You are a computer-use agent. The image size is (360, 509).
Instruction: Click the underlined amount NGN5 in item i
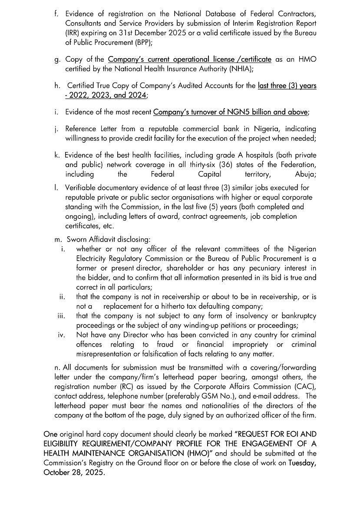[239, 112]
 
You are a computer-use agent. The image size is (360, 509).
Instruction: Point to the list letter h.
[57, 86]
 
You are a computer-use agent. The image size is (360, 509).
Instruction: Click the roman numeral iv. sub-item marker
[61, 335]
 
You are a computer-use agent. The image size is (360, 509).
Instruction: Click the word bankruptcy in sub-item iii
[298, 316]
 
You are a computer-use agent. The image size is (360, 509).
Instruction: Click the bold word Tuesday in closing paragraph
[302, 463]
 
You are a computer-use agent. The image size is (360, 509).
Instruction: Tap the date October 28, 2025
[74, 472]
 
